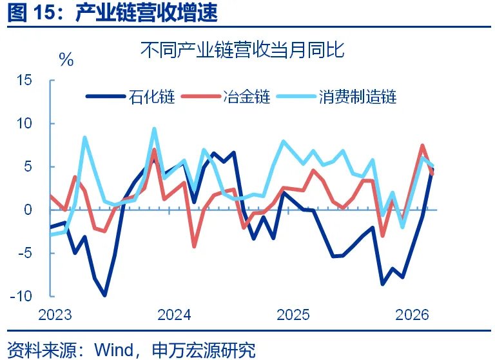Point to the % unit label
click(66, 60)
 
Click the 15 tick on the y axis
click(24, 80)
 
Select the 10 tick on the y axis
click(24, 123)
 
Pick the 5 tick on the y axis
click(28, 166)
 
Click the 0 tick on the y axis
click(28, 210)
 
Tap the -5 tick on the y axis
click(25, 253)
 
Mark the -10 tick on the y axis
click(22, 296)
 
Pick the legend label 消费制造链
click(356, 97)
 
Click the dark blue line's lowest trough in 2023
click(104, 295)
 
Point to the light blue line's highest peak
click(154, 129)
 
